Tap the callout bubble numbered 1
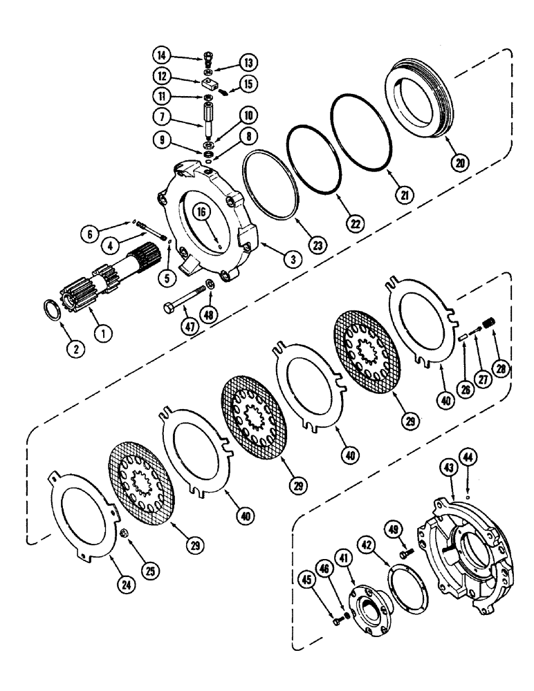tap(104, 333)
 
